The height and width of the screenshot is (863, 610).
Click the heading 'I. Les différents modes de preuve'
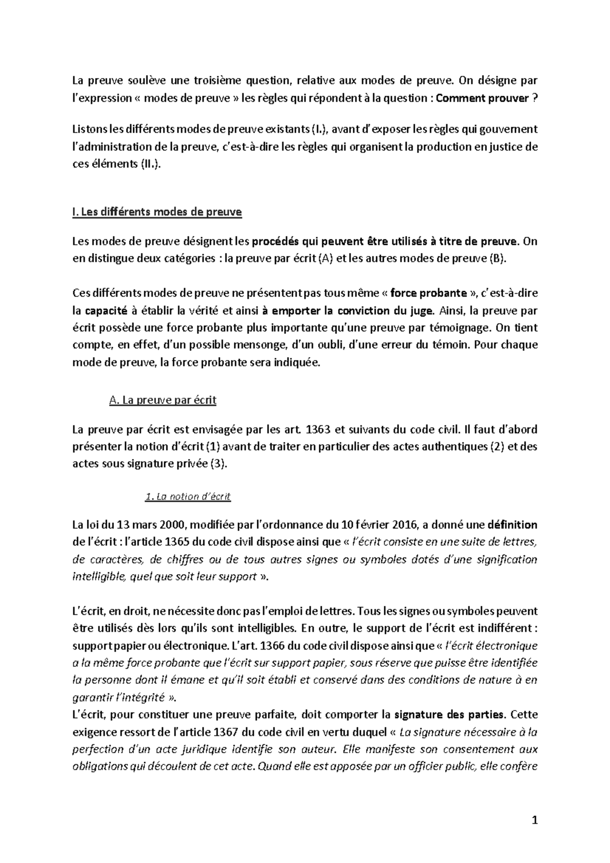[158, 212]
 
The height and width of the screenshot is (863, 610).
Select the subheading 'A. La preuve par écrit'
[163, 400]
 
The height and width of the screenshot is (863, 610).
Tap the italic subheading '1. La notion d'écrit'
[188, 497]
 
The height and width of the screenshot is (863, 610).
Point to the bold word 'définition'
[512, 525]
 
